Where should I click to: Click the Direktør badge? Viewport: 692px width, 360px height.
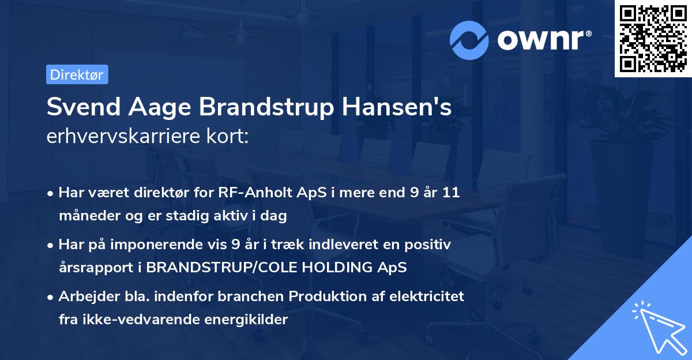(77, 74)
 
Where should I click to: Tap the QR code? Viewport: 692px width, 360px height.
(653, 39)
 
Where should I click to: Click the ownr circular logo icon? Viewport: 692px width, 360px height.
(469, 40)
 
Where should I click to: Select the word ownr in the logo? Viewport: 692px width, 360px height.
(542, 40)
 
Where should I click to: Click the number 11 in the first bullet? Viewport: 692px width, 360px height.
(451, 193)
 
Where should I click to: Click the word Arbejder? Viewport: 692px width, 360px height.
(82, 297)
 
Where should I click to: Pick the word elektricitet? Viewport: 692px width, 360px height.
(428, 297)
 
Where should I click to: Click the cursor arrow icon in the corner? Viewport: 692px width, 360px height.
(657, 327)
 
